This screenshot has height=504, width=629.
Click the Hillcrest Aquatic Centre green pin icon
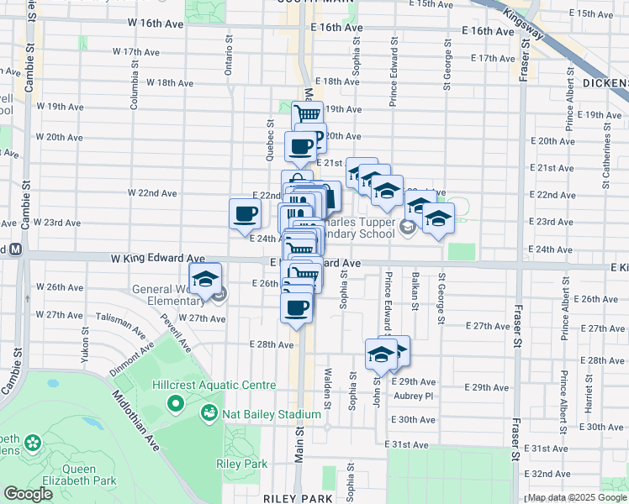click(x=176, y=405)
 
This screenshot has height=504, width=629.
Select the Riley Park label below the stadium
click(x=241, y=464)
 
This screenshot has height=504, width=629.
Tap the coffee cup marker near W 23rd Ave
click(x=245, y=213)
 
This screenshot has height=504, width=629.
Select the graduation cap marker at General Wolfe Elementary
click(x=204, y=281)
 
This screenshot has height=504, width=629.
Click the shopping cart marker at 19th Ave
click(x=308, y=115)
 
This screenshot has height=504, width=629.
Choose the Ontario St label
click(x=228, y=55)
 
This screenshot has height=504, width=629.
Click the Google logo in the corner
click(x=29, y=494)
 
